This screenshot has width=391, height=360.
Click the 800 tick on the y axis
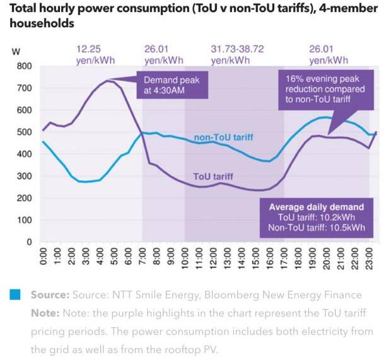click(23, 66)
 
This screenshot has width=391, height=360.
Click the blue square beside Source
click(16, 294)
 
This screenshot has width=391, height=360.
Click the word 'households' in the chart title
click(41, 24)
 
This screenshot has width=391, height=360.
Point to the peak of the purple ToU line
click(108, 81)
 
